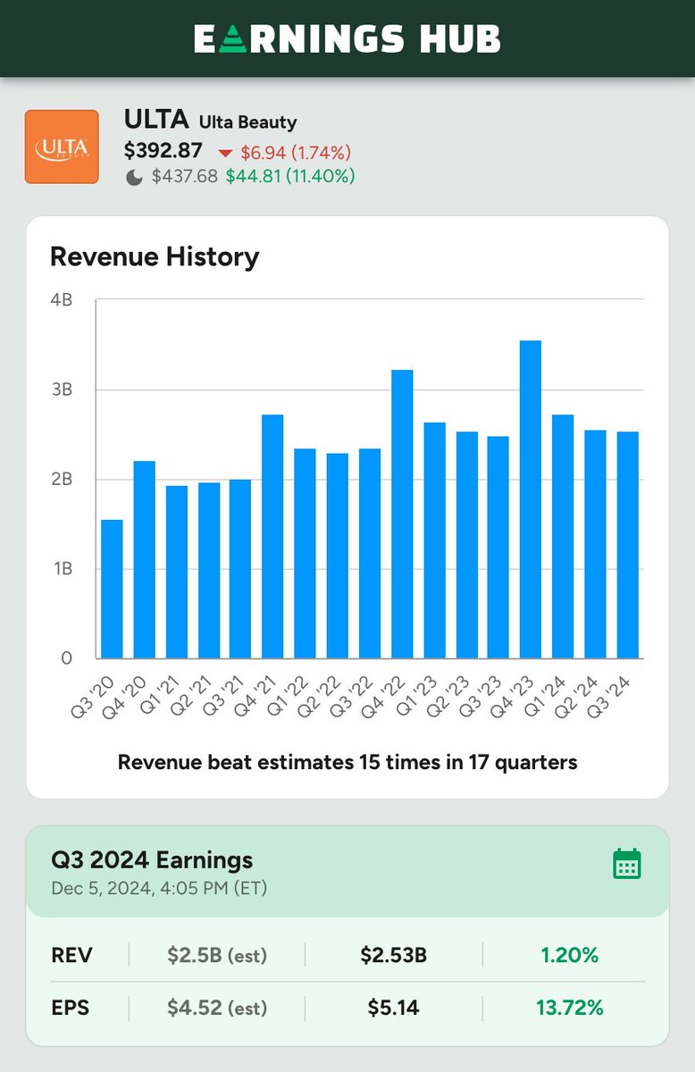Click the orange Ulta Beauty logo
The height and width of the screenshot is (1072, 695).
tap(62, 147)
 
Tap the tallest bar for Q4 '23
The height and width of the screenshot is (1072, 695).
tap(530, 500)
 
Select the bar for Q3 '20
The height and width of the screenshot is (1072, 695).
tap(112, 590)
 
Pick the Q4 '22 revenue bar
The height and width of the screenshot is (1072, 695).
tap(402, 515)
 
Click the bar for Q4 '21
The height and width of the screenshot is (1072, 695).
tap(272, 536)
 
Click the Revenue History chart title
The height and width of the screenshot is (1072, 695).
tap(155, 257)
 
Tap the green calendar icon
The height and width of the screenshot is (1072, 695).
tap(626, 864)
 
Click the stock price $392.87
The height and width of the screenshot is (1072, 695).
tap(163, 151)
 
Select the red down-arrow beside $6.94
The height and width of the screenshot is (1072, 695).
tap(225, 152)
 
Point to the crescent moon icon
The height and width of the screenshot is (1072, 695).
tap(134, 177)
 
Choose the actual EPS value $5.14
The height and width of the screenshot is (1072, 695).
tap(393, 1008)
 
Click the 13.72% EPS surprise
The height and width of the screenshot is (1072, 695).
tap(570, 1008)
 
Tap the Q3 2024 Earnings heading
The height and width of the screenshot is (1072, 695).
tap(152, 860)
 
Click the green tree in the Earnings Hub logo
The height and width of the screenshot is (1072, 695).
tap(231, 39)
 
